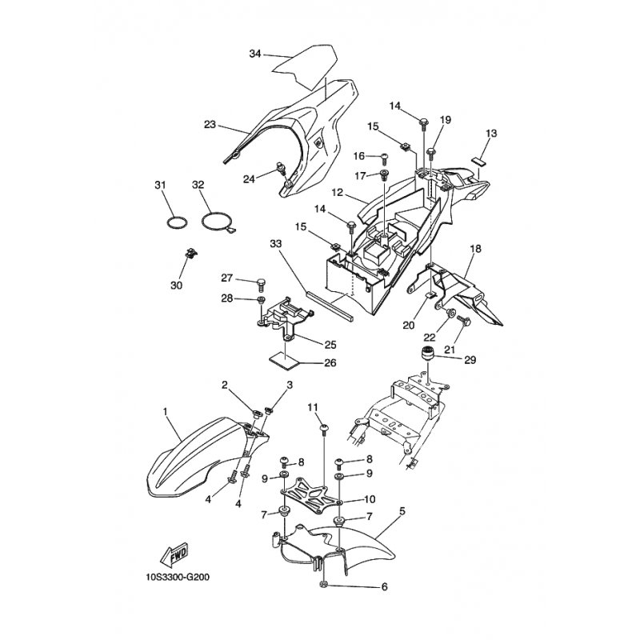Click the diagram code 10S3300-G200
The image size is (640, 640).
pyautogui.click(x=178, y=578)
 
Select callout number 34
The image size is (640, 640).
pyautogui.click(x=255, y=54)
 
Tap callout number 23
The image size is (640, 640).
pyautogui.click(x=210, y=125)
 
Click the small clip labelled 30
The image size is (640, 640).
pyautogui.click(x=190, y=253)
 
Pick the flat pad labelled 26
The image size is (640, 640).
pyautogui.click(x=284, y=362)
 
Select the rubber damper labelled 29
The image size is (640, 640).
pyautogui.click(x=426, y=353)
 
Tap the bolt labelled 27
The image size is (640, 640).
pyautogui.click(x=262, y=284)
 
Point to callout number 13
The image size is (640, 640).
pyautogui.click(x=491, y=133)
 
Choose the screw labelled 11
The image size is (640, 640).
pyautogui.click(x=325, y=430)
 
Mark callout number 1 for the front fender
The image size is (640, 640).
pyautogui.click(x=165, y=412)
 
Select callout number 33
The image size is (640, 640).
pyautogui.click(x=276, y=244)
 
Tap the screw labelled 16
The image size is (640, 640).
pyautogui.click(x=384, y=158)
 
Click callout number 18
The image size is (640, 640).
pyautogui.click(x=475, y=249)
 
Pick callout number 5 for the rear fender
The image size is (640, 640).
pyautogui.click(x=402, y=511)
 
